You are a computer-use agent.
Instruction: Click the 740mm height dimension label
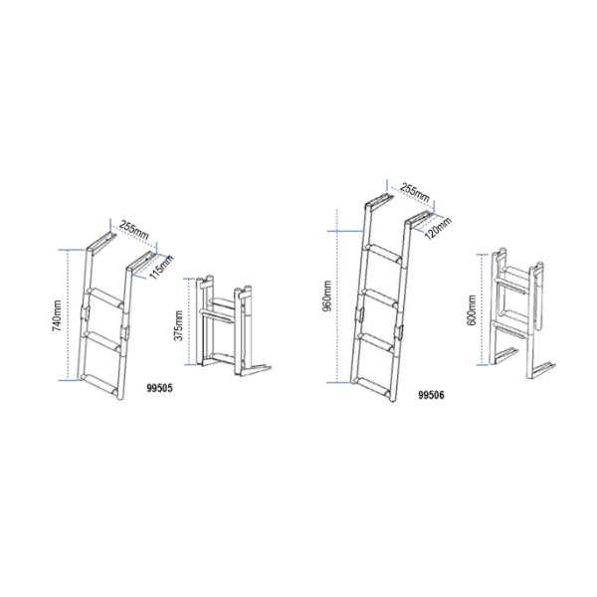pyautogui.click(x=57, y=315)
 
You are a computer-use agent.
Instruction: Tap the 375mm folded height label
pyautogui.click(x=178, y=325)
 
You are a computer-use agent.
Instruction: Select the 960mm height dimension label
pyautogui.click(x=327, y=296)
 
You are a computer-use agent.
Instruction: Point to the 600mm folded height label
pyautogui.click(x=472, y=309)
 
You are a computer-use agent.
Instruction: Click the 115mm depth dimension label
pyautogui.click(x=161, y=267)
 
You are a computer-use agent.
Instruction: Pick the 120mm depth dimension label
pyautogui.click(x=438, y=228)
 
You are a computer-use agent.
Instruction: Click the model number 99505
pyautogui.click(x=159, y=388)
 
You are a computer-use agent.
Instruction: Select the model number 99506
pyautogui.click(x=431, y=395)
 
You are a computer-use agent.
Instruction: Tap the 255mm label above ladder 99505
pyautogui.click(x=133, y=230)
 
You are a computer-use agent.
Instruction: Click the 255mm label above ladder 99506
pyautogui.click(x=415, y=192)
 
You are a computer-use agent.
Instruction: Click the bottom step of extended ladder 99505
pyautogui.click(x=99, y=387)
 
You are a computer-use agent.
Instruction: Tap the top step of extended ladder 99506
pyautogui.click(x=384, y=254)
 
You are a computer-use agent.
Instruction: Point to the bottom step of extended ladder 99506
pyautogui.click(x=373, y=389)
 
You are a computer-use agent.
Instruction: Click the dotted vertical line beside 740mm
pyautogui.click(x=68, y=314)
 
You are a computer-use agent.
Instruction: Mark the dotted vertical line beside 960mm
pyautogui.click(x=337, y=296)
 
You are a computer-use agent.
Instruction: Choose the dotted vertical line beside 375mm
pyautogui.click(x=189, y=321)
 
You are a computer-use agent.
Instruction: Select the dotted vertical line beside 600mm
pyautogui.click(x=482, y=309)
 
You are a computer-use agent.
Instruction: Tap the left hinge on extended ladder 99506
pyautogui.click(x=359, y=314)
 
